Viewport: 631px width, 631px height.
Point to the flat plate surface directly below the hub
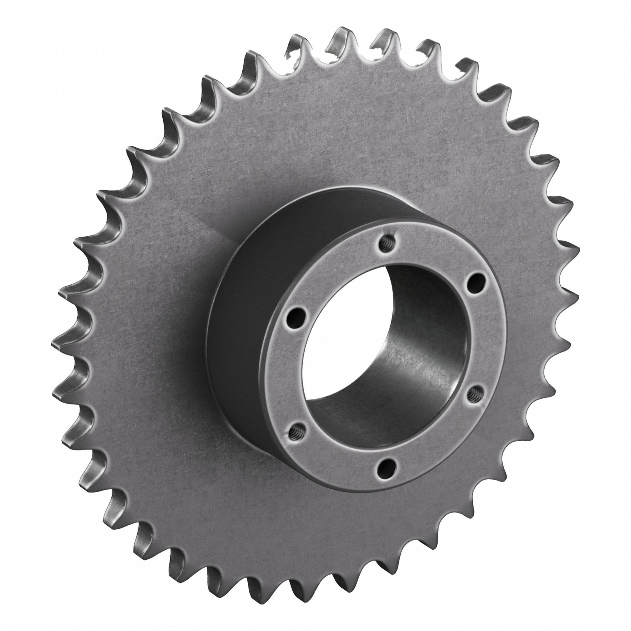327,522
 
